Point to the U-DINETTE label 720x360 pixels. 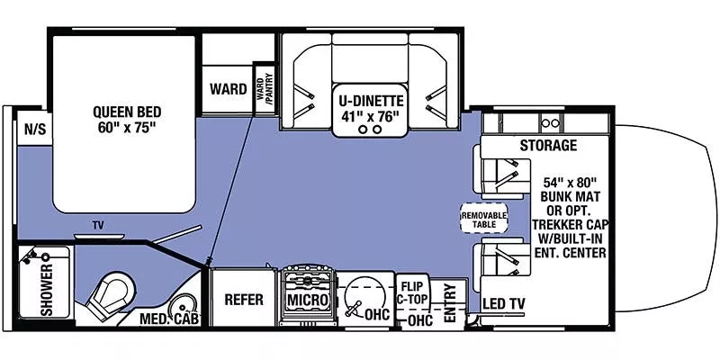click(x=371, y=99)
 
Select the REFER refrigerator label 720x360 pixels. click(x=242, y=299)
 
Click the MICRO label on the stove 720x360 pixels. click(x=307, y=299)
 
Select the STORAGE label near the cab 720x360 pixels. click(x=547, y=146)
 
